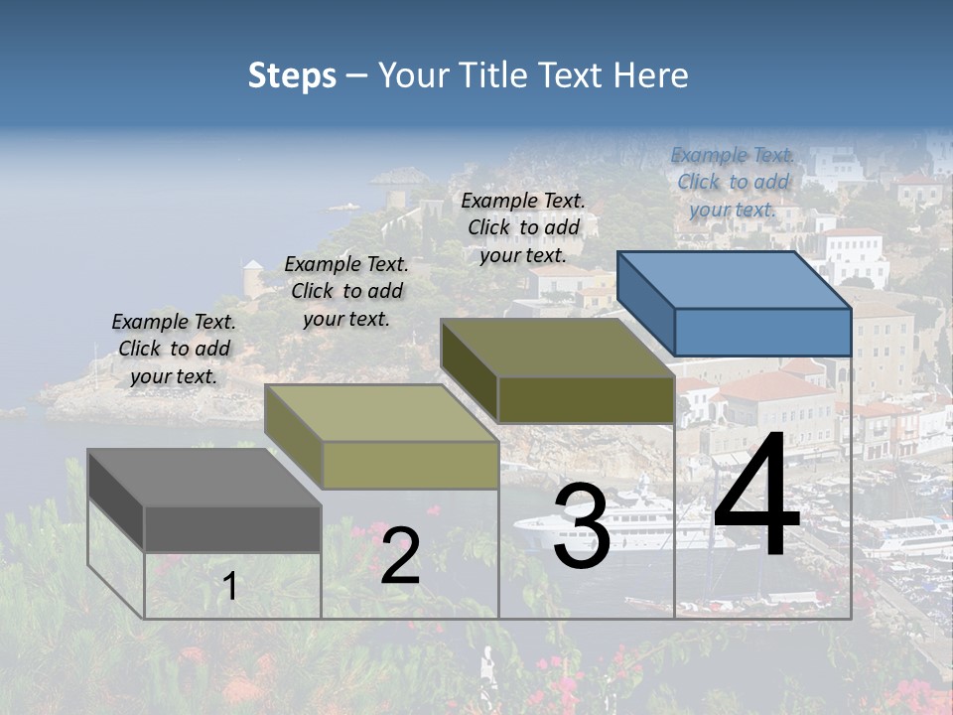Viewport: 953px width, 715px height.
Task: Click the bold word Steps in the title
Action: point(292,75)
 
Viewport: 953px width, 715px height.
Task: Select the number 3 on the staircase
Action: point(582,526)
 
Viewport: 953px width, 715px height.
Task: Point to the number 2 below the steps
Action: point(400,555)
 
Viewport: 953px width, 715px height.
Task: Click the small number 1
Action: point(230,587)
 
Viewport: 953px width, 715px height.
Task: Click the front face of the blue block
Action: point(762,333)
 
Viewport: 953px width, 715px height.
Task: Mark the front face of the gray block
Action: point(232,528)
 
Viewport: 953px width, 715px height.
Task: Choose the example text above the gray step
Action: point(174,350)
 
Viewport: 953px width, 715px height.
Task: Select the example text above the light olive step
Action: point(346,292)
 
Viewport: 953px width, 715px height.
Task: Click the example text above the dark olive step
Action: point(523,227)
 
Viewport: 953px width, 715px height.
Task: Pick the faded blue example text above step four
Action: point(733,183)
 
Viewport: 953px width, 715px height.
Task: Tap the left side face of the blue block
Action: point(645,303)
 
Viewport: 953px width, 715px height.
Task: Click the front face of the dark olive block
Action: point(586,399)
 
